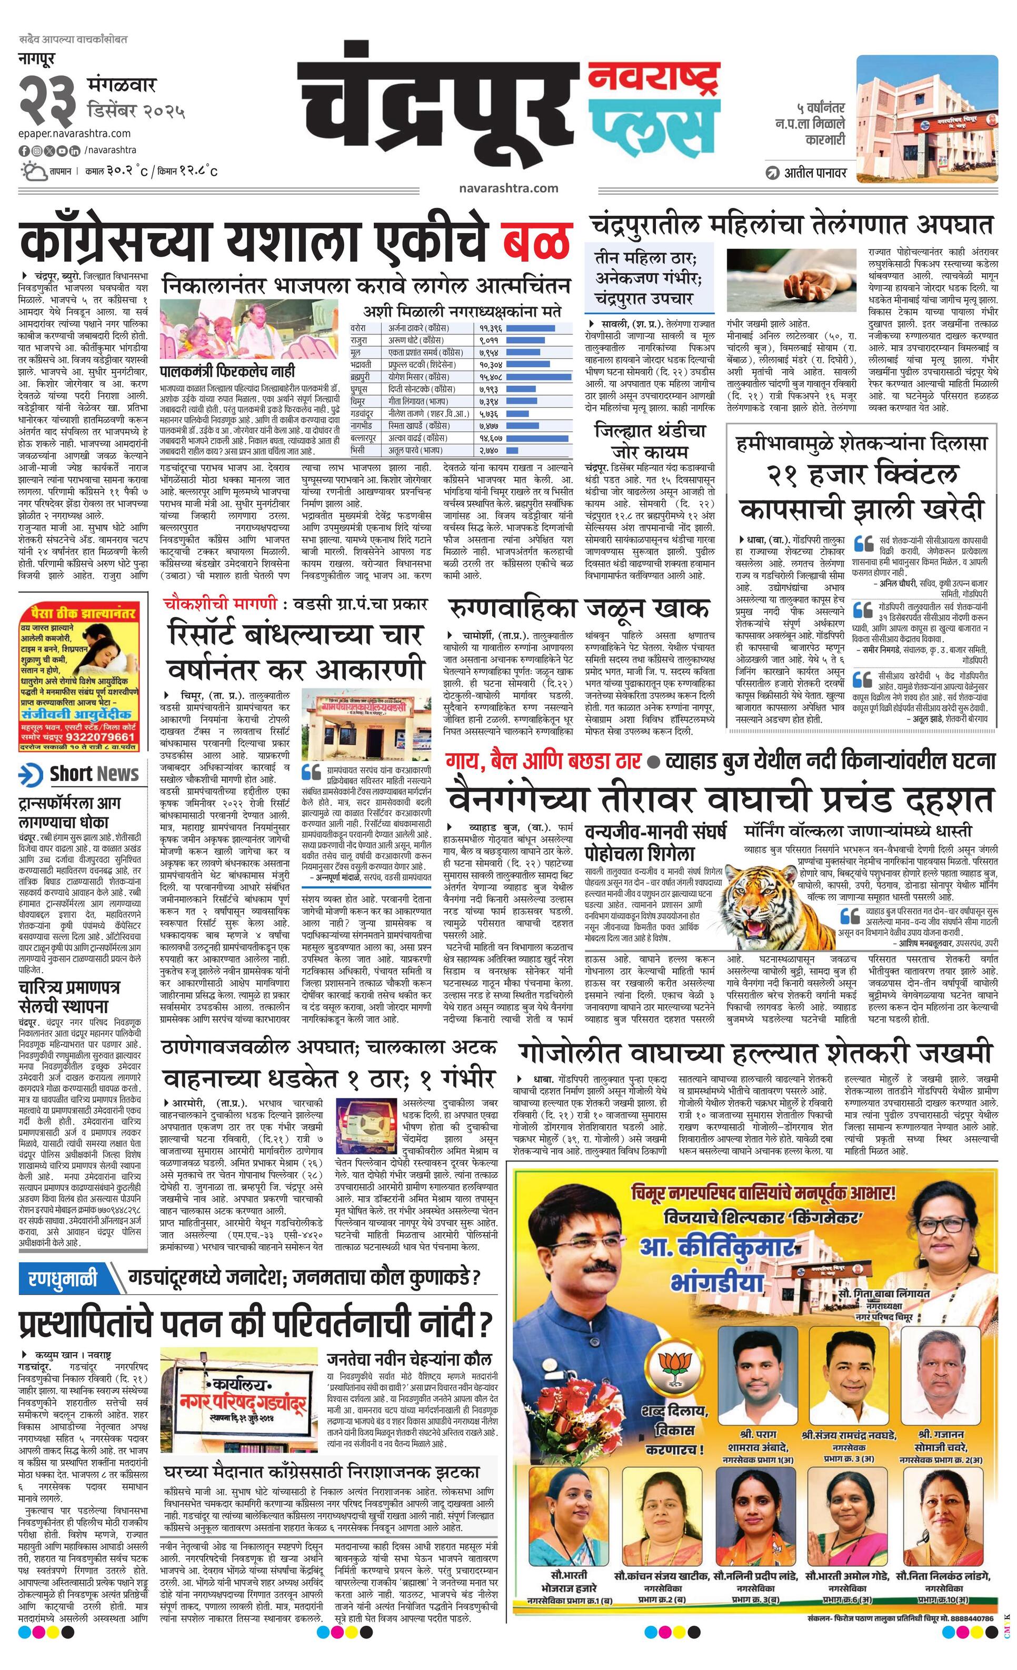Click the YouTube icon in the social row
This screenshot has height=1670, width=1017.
tap(62, 151)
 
